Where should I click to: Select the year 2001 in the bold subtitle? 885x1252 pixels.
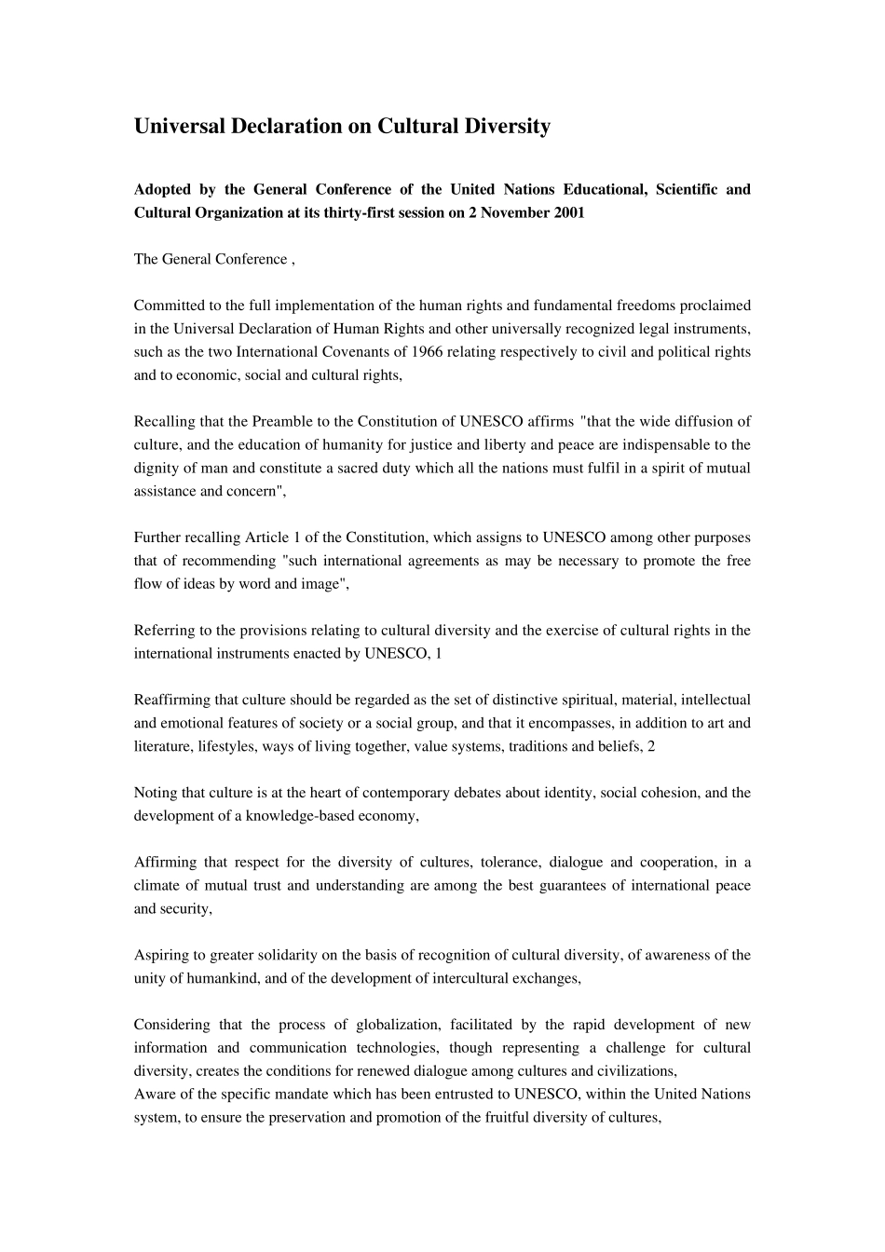pyautogui.click(x=568, y=212)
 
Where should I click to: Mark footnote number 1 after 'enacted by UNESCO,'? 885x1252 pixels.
pyautogui.click(x=439, y=654)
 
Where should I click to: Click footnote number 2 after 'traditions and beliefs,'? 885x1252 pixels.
pyautogui.click(x=651, y=746)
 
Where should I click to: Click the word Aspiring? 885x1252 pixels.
pyautogui.click(x=160, y=955)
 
